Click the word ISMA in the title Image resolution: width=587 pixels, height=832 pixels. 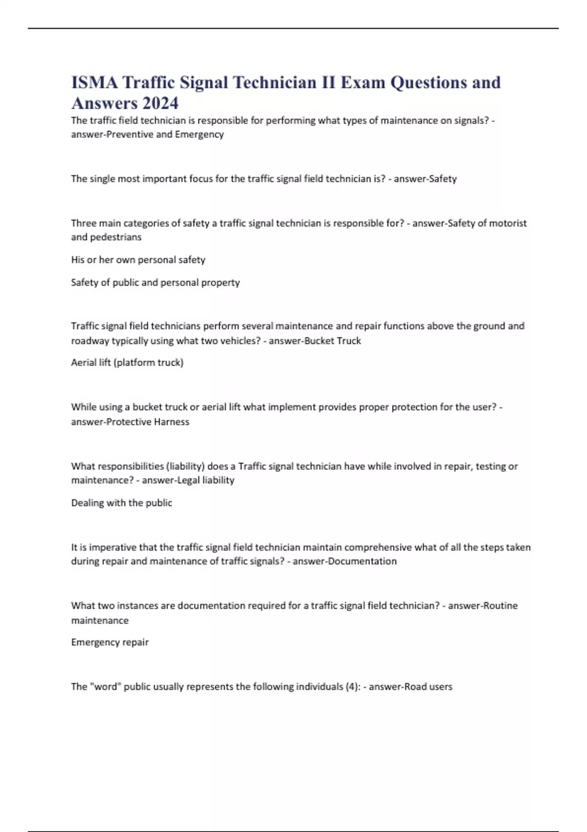pos(94,82)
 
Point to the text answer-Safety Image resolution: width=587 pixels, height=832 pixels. pos(425,179)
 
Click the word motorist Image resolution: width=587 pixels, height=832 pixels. pos(507,223)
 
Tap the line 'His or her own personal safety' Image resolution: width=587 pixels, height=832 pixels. pos(138,260)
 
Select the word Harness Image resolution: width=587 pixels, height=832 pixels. pos(171,422)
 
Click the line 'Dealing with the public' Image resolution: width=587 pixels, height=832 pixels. pos(122,503)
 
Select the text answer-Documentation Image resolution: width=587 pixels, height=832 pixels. pos(344,561)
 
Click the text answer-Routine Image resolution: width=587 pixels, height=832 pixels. pos(482,605)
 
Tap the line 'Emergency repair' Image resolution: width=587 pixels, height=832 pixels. pos(110,642)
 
